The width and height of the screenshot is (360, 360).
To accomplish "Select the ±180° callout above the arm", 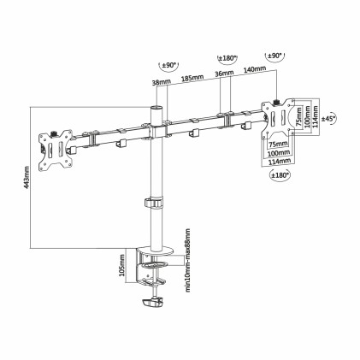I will point(227,58).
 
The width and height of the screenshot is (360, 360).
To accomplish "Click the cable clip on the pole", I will point(154,205).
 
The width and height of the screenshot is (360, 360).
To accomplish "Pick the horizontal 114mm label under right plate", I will point(278,160).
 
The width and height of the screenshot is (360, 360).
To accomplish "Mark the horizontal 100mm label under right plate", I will point(277,153).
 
